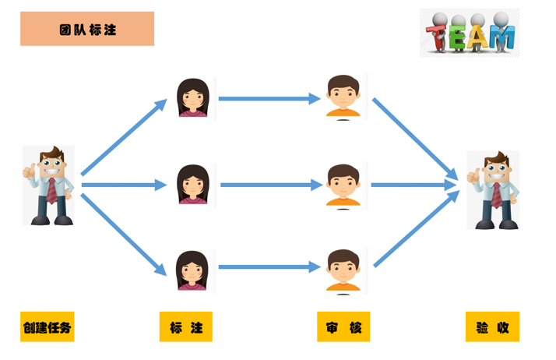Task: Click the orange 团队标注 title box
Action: click(87, 30)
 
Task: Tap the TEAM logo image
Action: click(469, 33)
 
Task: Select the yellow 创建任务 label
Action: click(47, 327)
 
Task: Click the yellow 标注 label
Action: click(185, 327)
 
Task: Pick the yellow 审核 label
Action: click(343, 327)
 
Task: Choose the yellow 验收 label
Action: click(492, 327)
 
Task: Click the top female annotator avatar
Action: click(192, 97)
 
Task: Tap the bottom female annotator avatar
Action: click(192, 270)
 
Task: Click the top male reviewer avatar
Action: click(344, 97)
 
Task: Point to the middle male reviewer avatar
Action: click(344, 185)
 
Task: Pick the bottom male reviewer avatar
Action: click(344, 270)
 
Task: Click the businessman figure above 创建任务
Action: click(48, 185)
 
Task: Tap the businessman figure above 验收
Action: click(493, 190)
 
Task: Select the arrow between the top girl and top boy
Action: click(269, 99)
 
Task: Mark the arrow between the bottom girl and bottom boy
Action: click(269, 267)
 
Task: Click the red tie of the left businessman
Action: click(51, 191)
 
